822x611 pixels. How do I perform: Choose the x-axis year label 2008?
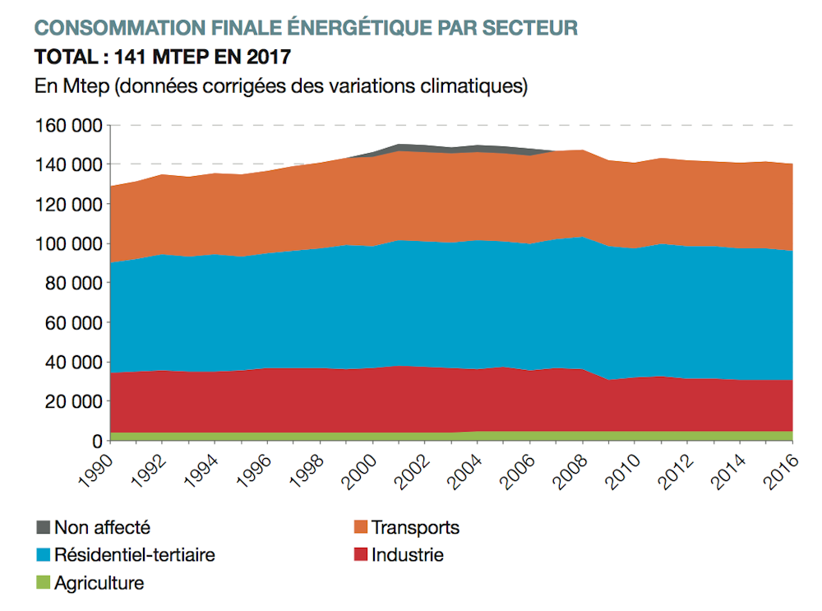[567, 471]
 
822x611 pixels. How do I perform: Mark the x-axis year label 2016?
[778, 471]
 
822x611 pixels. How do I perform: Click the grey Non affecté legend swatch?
[43, 527]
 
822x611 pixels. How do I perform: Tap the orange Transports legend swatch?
[359, 527]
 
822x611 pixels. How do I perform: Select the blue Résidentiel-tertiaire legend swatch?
[43, 555]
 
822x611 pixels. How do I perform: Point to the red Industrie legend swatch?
[359, 555]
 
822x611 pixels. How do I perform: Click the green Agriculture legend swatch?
[43, 584]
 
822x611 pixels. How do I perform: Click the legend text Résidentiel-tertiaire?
[135, 555]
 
